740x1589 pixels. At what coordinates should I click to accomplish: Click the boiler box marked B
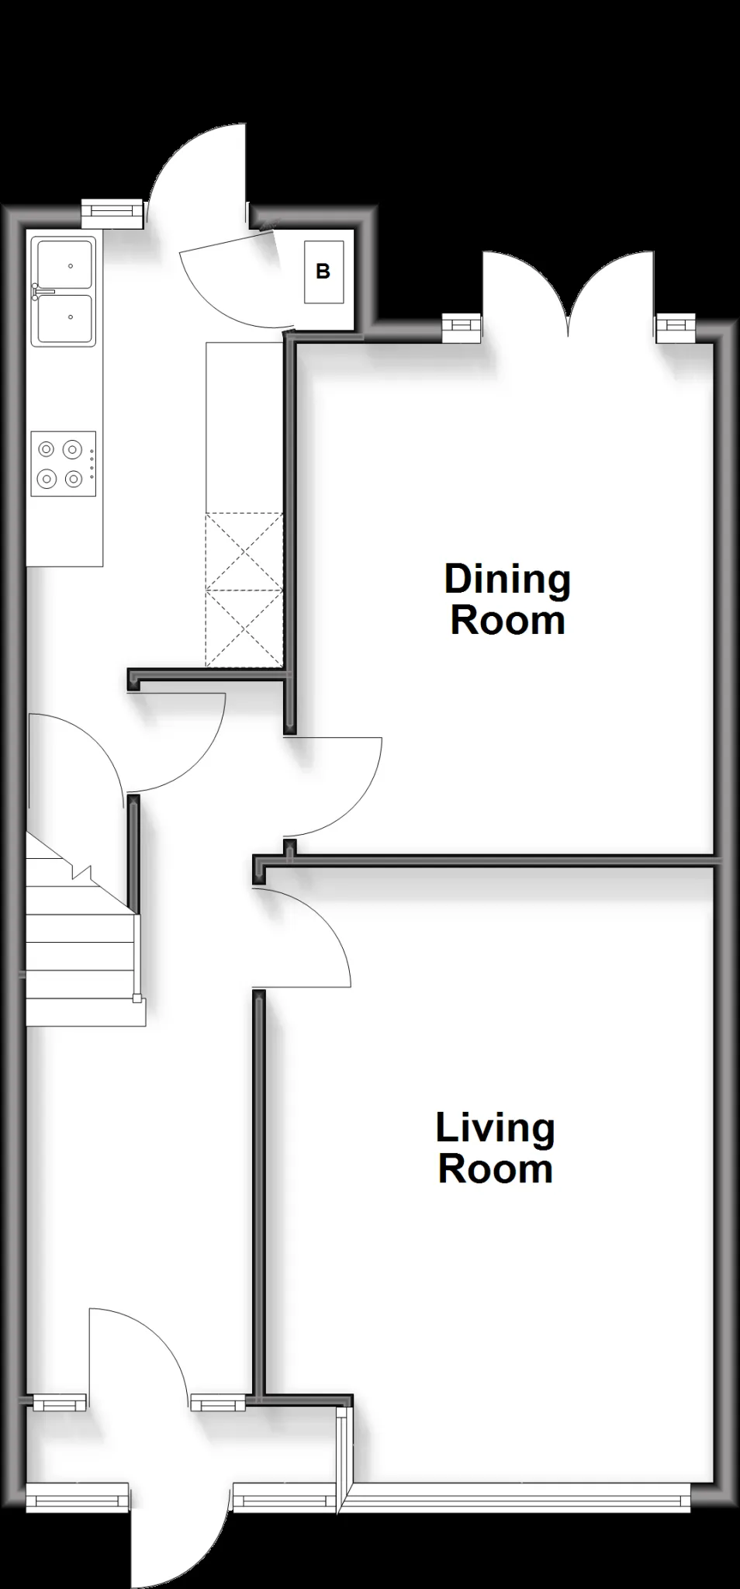coord(323,272)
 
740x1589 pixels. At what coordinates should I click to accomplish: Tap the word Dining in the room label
coord(507,580)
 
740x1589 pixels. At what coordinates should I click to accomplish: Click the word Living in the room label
coord(495,1128)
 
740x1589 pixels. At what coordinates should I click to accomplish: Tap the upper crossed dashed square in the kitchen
coord(244,551)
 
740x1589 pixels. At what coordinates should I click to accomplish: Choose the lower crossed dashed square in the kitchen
coord(244,628)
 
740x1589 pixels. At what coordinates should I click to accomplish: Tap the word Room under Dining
coord(507,621)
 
